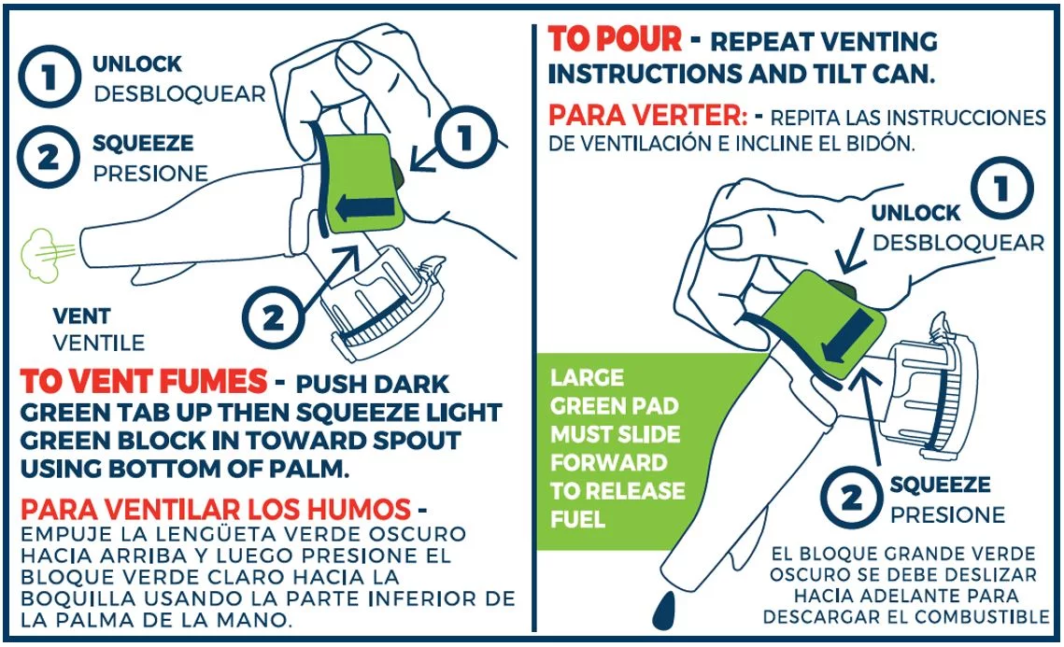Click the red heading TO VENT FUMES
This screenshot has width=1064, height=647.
[x=143, y=381]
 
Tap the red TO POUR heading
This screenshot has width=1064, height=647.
[x=614, y=38]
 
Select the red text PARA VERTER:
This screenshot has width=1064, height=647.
[x=647, y=115]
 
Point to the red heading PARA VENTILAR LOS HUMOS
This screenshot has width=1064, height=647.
[x=216, y=509]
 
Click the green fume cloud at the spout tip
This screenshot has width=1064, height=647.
[x=41, y=254]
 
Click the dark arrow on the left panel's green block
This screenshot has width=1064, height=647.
[x=365, y=208]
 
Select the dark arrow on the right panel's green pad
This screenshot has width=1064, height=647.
[x=844, y=336]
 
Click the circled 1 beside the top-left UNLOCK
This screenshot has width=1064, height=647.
[x=49, y=77]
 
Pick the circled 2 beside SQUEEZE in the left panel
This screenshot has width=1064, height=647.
[x=49, y=158]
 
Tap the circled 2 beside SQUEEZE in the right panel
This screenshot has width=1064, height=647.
[x=851, y=498]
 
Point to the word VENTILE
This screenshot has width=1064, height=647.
[x=99, y=343]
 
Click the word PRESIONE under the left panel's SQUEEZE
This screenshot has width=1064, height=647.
[x=150, y=174]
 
